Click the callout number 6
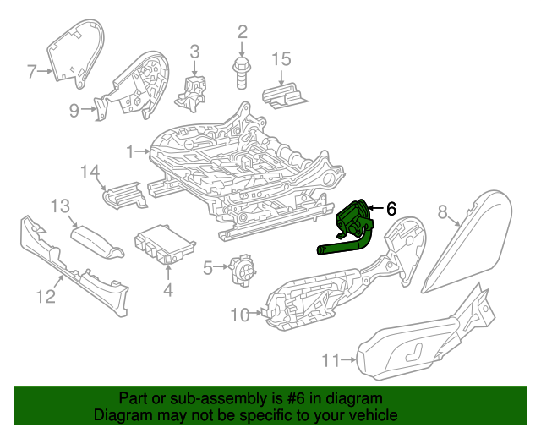[391, 208]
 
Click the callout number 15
[281, 58]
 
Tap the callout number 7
[32, 72]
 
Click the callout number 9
[74, 109]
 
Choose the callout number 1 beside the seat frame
[131, 152]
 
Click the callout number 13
[59, 206]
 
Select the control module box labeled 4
[165, 245]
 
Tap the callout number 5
[208, 269]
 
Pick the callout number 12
[46, 296]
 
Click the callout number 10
[240, 315]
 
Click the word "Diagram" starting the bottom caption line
[121, 416]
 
